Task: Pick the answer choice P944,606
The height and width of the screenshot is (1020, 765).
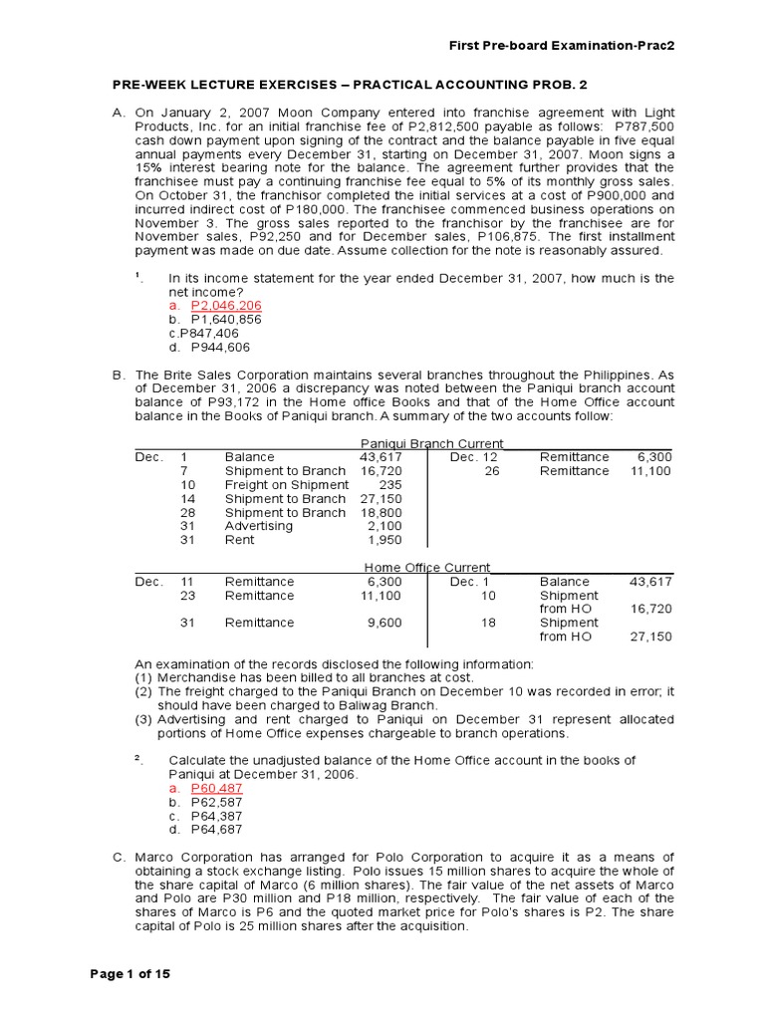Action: coord(221,348)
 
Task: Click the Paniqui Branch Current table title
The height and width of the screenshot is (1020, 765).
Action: coord(431,443)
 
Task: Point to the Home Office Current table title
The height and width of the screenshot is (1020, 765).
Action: coord(427,568)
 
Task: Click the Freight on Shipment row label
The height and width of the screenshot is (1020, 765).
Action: coord(287,485)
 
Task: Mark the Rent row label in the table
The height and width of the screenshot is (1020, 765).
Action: coord(240,540)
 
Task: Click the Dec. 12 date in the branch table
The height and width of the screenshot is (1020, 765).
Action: coord(474,457)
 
